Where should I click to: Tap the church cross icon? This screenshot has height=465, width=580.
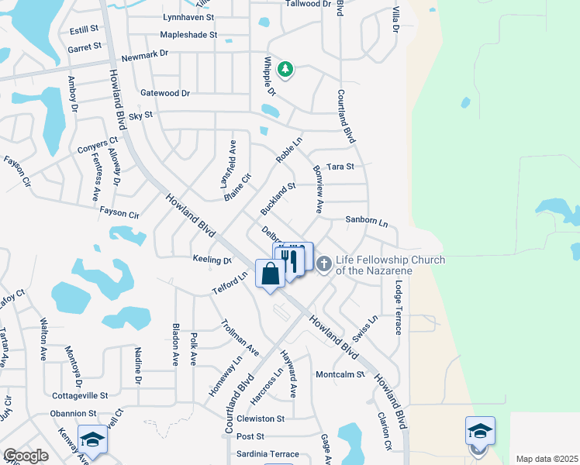pos(323,265)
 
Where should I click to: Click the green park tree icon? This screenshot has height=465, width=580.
pos(285,71)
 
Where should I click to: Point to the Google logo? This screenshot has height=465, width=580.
pos(26,456)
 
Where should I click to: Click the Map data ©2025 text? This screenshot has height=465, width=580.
pos(547,459)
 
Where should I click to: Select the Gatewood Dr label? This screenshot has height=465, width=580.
pos(165,93)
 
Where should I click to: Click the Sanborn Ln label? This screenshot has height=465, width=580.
pos(366,221)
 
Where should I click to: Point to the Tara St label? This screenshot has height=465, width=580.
pos(340,167)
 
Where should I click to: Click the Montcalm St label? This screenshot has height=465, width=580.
pos(340,374)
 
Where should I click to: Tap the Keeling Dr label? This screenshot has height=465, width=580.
pos(212,260)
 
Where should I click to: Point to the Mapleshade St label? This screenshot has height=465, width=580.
pos(188,35)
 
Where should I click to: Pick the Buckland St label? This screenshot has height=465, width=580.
pos(278,199)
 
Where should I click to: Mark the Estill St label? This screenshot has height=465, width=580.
pos(84,29)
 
